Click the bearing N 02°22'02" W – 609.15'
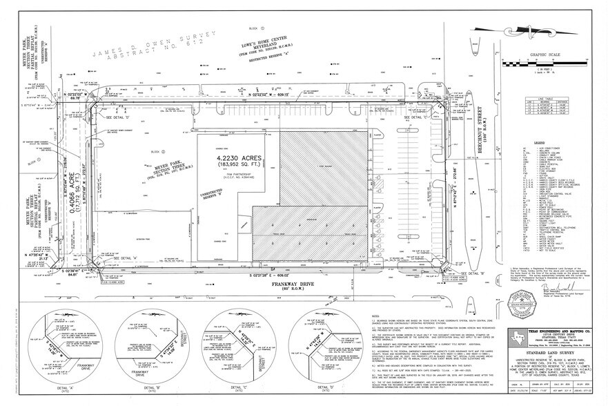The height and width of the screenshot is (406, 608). pyautogui.click(x=264, y=94)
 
